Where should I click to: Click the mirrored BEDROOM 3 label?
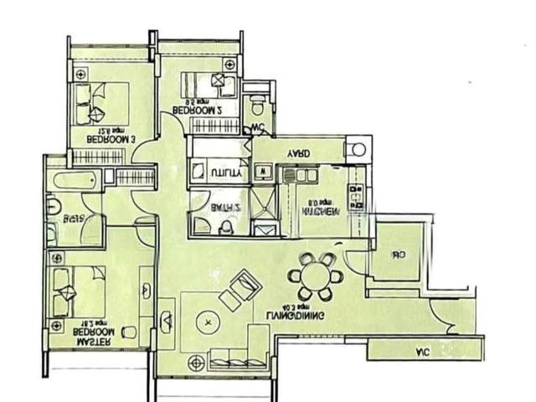pyautogui.click(x=111, y=140)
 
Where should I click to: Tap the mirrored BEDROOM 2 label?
pyautogui.click(x=196, y=110)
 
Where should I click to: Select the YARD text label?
pyautogui.click(x=299, y=154)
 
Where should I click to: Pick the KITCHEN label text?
pyautogui.click(x=322, y=212)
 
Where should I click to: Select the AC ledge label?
pyautogui.click(x=421, y=353)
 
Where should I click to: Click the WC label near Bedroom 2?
pyautogui.click(x=259, y=128)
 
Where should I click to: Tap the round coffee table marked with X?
pyautogui.click(x=207, y=319)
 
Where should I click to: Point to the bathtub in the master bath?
pyautogui.click(x=76, y=180)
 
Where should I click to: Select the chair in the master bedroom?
pyautogui.click(x=128, y=332)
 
